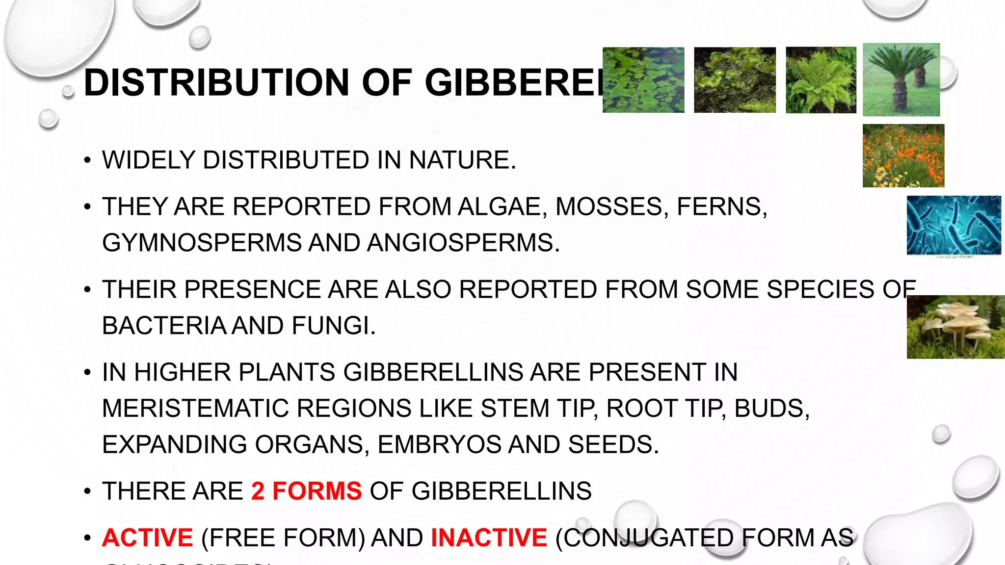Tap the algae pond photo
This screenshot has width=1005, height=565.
point(643,80)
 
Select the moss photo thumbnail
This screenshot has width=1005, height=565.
point(735,80)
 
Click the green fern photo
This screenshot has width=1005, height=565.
point(821,80)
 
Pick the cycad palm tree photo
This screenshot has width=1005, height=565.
point(901,79)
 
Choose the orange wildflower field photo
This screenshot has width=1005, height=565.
point(903,155)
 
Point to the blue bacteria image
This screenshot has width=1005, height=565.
point(953,225)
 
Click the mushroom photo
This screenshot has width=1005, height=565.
point(955,327)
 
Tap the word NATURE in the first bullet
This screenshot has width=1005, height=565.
point(462,160)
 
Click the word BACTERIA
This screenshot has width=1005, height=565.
point(163,326)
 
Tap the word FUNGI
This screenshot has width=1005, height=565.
point(333,326)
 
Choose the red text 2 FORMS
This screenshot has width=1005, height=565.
point(306,491)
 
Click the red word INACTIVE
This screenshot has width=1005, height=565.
point(489,538)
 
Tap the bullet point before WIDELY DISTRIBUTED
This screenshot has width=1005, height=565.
point(87,160)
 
